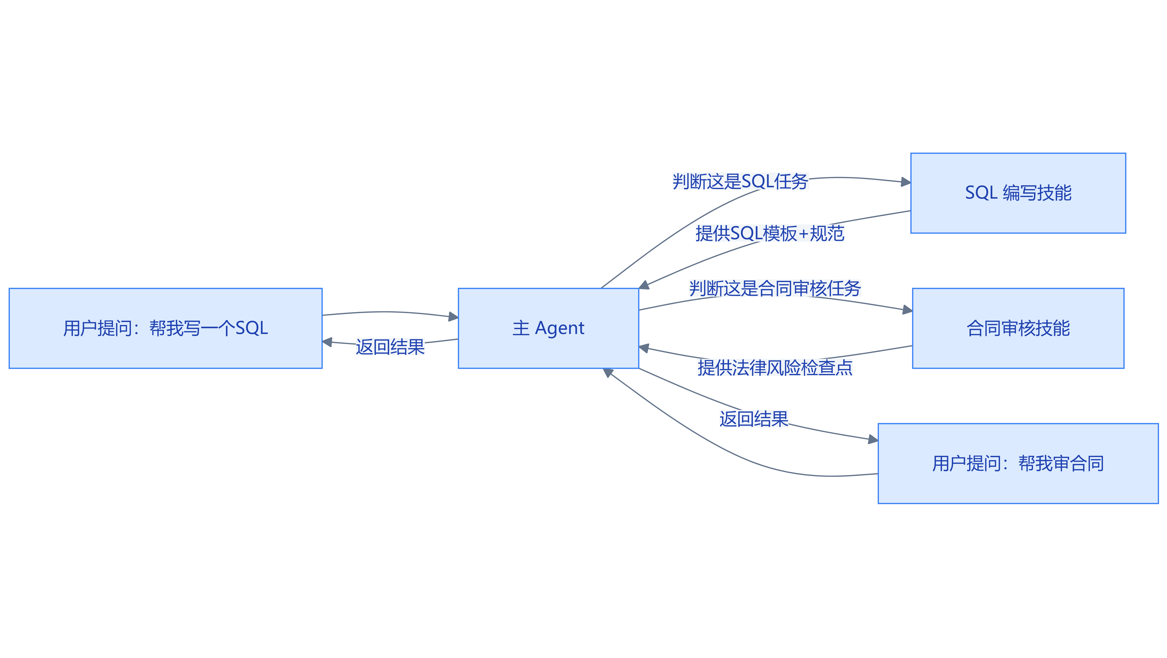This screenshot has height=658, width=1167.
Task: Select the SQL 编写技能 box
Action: [1018, 193]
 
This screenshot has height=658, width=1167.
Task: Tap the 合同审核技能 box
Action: [1018, 328]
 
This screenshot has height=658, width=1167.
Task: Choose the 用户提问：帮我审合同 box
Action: [1018, 463]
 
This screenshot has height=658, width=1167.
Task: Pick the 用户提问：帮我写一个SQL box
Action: [165, 328]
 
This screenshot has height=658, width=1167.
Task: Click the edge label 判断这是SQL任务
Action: [740, 181]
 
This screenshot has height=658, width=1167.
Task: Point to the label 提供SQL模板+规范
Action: [770, 233]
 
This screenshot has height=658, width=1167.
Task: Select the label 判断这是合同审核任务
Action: [775, 288]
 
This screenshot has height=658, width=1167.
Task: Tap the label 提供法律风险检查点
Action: [775, 367]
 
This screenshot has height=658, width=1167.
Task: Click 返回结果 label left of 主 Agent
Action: [390, 347]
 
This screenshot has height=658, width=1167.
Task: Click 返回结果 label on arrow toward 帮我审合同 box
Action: [754, 419]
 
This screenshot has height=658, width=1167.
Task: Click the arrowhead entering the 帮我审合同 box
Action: [873, 439]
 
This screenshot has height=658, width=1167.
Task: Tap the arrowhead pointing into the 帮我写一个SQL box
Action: [327, 342]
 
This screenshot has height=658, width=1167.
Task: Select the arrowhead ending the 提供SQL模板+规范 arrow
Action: [644, 285]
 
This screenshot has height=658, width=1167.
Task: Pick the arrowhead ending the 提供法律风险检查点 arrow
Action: [644, 348]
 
